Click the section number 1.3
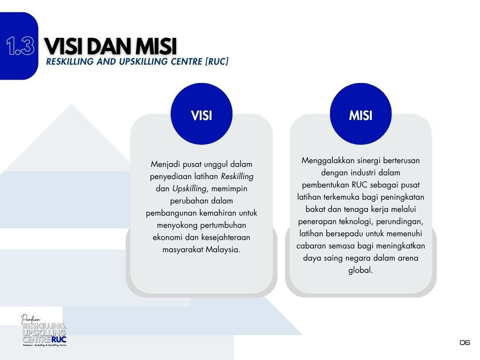point(20,46)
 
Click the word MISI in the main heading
point(156,46)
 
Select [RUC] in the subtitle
point(217,61)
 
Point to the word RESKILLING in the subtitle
point(70,61)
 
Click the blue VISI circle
point(202,114)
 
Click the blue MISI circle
point(360,114)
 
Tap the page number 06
point(465,342)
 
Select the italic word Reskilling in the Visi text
point(237,177)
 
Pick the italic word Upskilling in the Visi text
point(190,189)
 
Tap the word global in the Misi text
point(360,270)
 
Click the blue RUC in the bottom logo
point(59,339)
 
